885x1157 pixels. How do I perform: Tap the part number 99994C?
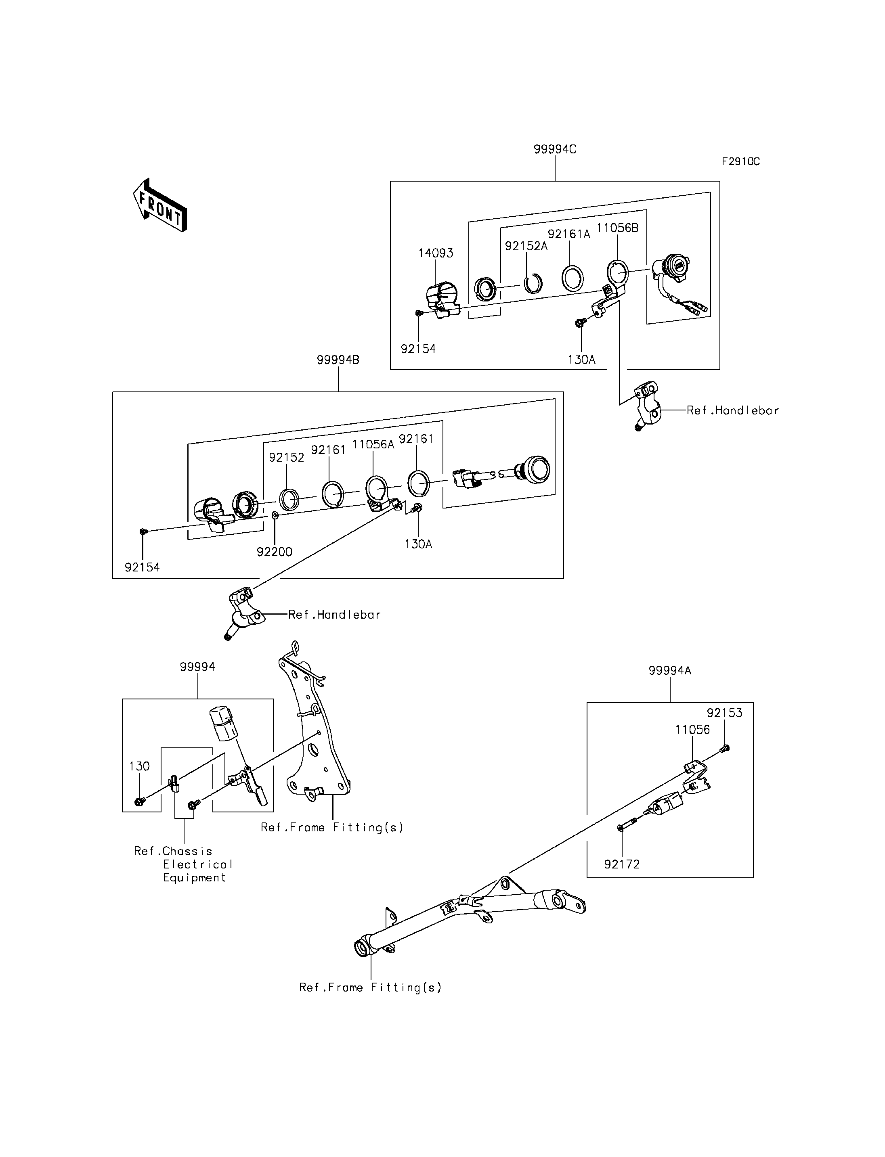(555, 149)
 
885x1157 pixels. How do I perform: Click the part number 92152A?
(526, 246)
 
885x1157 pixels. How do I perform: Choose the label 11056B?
(617, 228)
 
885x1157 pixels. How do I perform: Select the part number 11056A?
(373, 444)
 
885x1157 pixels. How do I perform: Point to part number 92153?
(724, 713)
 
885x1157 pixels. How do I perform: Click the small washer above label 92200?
(275, 515)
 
